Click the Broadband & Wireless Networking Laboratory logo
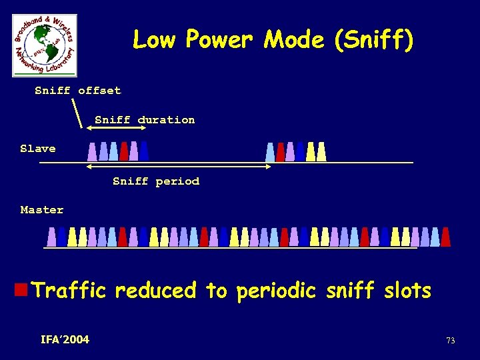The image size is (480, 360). pos(44,45)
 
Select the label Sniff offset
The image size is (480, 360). pos(78,91)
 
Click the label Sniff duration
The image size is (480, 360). pos(145,120)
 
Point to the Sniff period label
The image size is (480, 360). pos(156,181)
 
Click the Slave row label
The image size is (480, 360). pos(38,149)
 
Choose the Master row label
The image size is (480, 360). pos(42,210)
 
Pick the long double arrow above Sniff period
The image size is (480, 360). pos(179,167)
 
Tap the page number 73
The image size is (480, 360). pos(451,341)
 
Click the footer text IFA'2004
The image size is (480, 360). pos(65,340)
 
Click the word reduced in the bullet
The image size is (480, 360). pos(155,291)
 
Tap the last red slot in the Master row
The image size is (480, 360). pos(445,237)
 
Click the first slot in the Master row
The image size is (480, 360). pos(51,237)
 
